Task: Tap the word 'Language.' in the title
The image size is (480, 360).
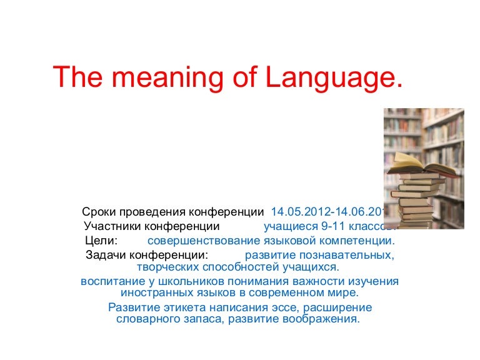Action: point(331,77)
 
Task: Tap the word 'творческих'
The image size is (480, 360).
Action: point(167,267)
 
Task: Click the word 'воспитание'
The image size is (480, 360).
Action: point(111,281)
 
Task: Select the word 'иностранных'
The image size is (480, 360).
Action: point(156,292)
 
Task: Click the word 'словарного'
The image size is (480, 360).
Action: point(147,319)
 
